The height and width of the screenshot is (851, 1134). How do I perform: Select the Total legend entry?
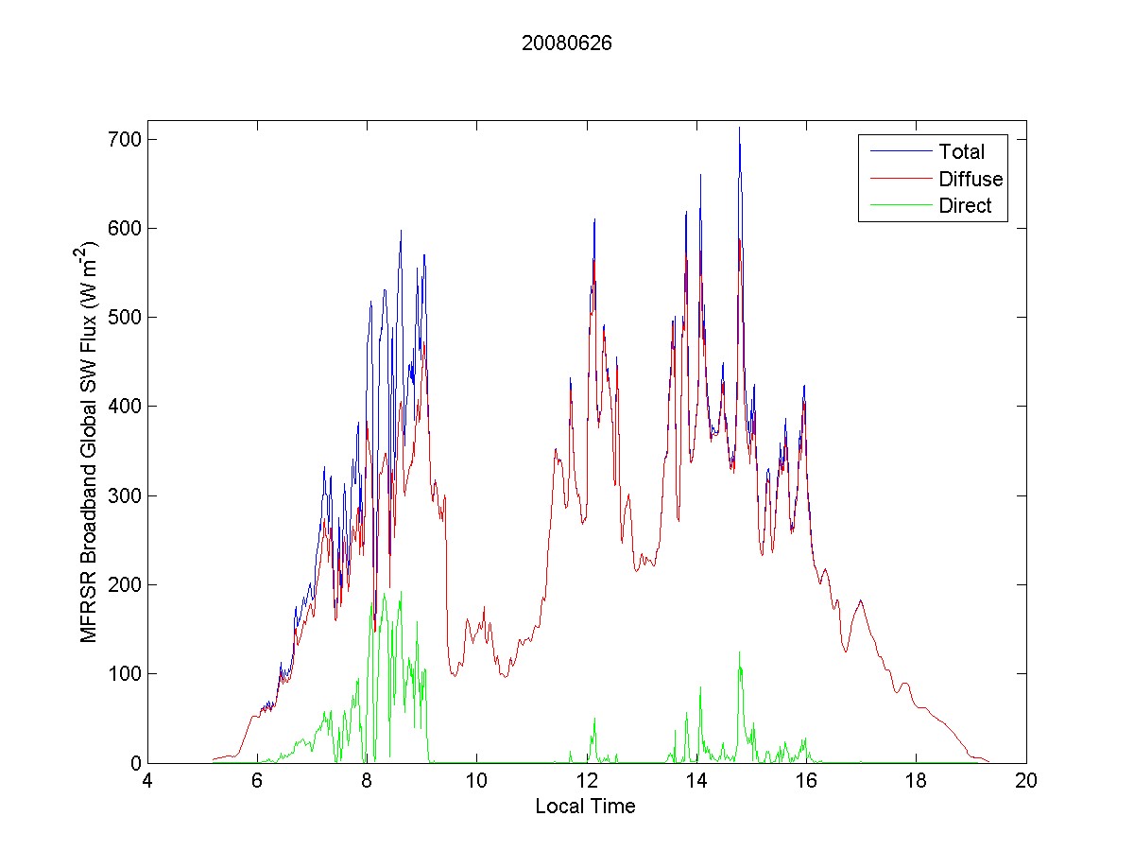tap(961, 151)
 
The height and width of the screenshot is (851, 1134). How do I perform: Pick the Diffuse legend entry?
tap(971, 179)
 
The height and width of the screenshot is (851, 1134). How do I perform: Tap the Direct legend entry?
tap(965, 206)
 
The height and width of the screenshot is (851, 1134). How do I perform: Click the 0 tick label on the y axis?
tap(135, 762)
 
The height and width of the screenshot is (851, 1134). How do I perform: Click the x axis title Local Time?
tap(585, 807)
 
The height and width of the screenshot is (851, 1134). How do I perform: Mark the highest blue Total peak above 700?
tap(739, 129)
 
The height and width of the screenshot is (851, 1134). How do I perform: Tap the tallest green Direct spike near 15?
tap(739, 652)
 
